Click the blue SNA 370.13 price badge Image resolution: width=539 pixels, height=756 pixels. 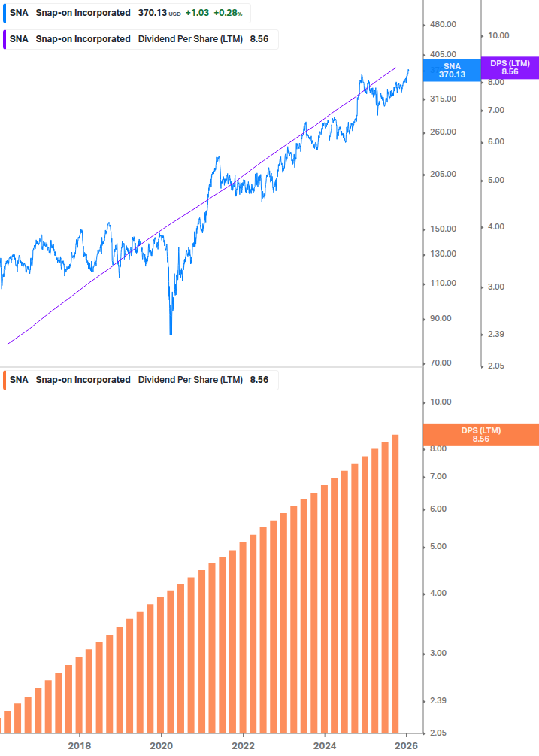click(452, 70)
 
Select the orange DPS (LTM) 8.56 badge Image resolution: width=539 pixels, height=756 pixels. click(481, 434)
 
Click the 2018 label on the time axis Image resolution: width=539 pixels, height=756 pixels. click(80, 745)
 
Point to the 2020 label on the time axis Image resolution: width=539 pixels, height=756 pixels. click(161, 745)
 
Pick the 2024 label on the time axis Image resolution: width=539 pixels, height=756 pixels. click(325, 745)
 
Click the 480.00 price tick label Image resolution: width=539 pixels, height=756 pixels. click(442, 25)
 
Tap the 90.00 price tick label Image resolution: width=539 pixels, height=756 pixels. click(440, 318)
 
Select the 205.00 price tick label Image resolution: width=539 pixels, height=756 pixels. click(442, 174)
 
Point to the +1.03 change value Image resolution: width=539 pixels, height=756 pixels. click(196, 13)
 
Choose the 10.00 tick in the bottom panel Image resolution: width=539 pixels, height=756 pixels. click(439, 402)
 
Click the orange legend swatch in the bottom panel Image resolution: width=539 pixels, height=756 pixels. click(5, 380)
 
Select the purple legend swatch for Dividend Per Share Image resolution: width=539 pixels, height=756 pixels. click(5, 39)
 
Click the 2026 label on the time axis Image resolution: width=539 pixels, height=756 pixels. click(406, 745)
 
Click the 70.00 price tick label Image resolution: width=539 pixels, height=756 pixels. click(440, 363)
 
